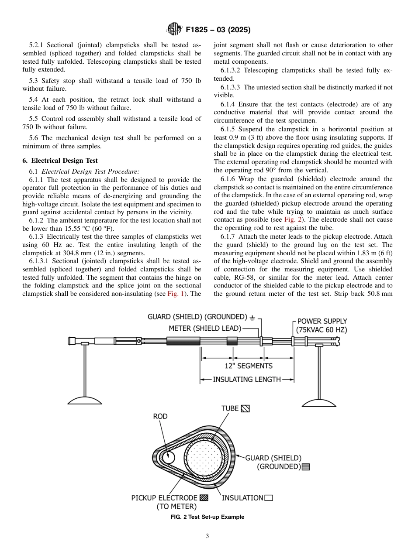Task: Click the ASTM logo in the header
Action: click(174, 30)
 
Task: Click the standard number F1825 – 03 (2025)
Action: click(218, 30)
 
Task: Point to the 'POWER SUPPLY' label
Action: click(322, 321)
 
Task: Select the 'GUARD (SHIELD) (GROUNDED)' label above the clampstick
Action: click(197, 317)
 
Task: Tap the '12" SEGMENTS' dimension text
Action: click(248, 366)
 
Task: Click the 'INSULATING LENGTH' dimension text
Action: click(247, 380)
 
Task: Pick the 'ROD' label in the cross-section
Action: click(160, 417)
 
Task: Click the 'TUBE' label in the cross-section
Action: click(230, 408)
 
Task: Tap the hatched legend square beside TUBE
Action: click(246, 409)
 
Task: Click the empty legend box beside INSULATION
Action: click(269, 498)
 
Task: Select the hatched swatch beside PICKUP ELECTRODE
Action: click(204, 498)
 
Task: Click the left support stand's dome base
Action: click(85, 400)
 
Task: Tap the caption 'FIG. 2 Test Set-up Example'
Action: click(207, 517)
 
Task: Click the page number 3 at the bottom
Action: click(207, 536)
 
